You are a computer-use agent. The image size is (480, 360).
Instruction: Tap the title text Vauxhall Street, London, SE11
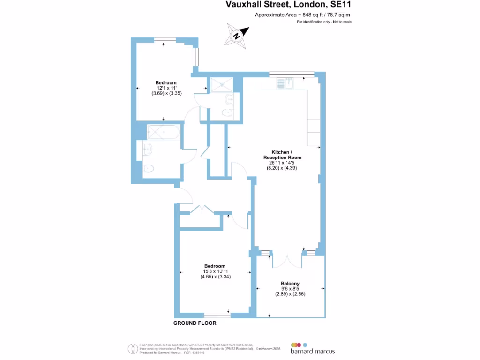pyautogui.click(x=288, y=5)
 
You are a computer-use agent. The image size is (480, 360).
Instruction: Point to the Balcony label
pyautogui.click(x=290, y=283)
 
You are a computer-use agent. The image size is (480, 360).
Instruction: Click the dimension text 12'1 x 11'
pyautogui.click(x=166, y=88)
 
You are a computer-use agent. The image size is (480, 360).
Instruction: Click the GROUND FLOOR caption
pyautogui.click(x=195, y=323)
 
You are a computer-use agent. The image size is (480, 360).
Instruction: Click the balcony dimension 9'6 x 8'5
pyautogui.click(x=290, y=289)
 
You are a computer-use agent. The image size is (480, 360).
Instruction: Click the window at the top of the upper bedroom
pyautogui.click(x=165, y=40)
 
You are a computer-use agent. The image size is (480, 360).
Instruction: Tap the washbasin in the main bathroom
pyautogui.click(x=147, y=150)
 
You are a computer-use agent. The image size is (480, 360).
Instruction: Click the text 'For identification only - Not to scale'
pyautogui.click(x=324, y=22)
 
